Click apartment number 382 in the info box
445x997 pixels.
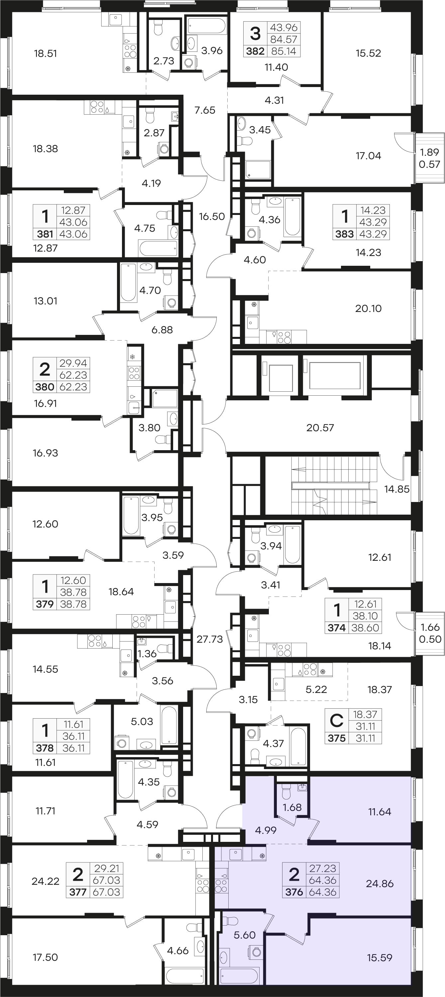255,51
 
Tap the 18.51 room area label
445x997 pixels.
45,53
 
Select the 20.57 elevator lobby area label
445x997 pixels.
320,428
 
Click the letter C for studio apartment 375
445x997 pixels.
336,720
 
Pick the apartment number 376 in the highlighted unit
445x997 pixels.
294,892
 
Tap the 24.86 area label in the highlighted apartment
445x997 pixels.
380,884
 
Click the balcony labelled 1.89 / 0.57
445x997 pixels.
429,158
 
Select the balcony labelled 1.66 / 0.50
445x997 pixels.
430,633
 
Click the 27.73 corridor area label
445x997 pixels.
209,639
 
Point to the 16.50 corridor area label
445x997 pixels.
212,216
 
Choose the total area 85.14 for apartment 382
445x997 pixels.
283,51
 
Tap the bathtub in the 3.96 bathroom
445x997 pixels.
206,26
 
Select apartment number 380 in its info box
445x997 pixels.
45,387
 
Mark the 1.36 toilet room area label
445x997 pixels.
147,654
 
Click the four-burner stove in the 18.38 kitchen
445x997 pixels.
97,107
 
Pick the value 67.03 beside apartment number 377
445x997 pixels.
106,892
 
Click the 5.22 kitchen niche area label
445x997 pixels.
316,689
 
